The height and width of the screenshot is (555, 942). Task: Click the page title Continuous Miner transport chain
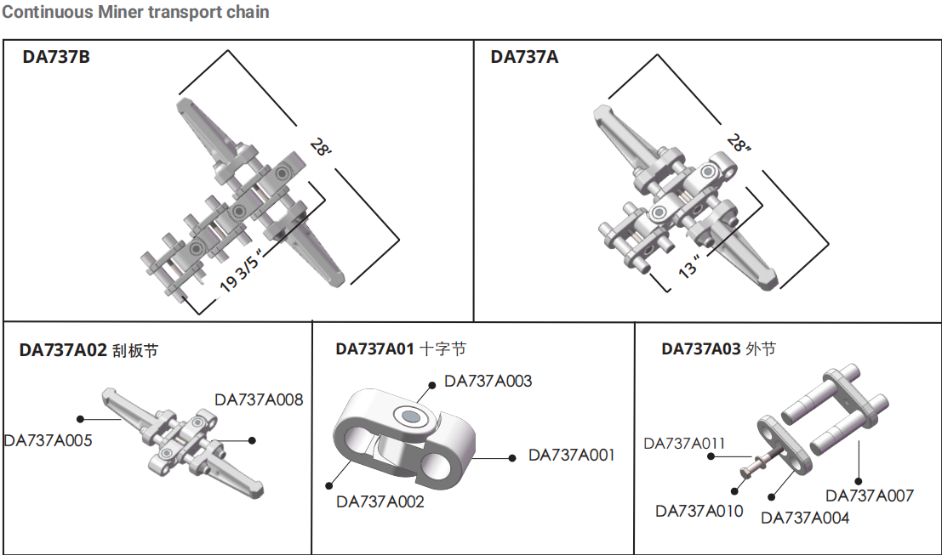pos(135,12)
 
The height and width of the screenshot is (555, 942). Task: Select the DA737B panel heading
pos(56,59)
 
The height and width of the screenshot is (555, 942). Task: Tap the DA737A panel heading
pos(524,59)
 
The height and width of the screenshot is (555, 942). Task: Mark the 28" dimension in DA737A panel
pos(739,145)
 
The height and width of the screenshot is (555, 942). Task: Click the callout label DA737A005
pos(48,440)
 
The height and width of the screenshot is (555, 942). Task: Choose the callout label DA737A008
pos(259,399)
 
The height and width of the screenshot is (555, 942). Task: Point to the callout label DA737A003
pos(488,382)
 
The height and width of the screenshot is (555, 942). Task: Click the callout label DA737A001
pos(571,455)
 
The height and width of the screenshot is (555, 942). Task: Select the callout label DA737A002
pos(380,501)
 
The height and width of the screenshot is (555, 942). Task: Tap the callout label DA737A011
pos(684,443)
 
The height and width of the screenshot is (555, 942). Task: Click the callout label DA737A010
pos(699,510)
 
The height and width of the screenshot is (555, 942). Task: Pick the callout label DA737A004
pos(804,517)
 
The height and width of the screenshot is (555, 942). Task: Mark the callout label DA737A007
pos(870,495)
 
